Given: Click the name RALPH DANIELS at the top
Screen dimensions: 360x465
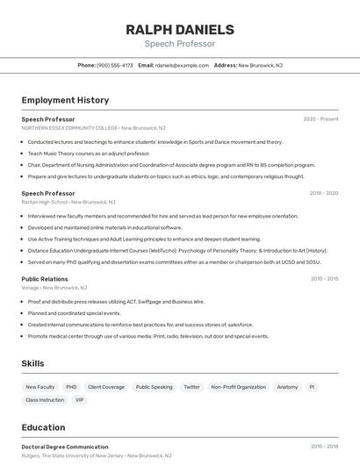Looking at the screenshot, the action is tap(179, 29).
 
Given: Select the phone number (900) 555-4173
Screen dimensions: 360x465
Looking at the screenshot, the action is tap(115, 65).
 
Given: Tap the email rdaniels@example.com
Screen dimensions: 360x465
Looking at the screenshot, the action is tap(182, 65).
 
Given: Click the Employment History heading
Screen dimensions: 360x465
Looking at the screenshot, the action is tap(65, 100).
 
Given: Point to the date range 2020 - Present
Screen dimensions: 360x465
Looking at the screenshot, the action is tap(320, 119).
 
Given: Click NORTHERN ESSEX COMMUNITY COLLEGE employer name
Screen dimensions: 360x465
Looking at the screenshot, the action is tap(69, 128).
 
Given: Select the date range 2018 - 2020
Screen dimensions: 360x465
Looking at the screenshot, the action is tap(323, 193).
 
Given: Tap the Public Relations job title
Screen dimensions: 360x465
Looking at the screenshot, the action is tap(45, 279).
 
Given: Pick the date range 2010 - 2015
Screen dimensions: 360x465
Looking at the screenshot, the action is tap(324, 279).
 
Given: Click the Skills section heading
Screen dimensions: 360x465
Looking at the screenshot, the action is tap(33, 363).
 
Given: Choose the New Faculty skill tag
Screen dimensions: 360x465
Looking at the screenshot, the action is tap(40, 387).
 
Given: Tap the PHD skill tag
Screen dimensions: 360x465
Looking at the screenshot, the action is tap(71, 387).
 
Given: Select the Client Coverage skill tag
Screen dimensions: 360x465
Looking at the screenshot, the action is tap(106, 387).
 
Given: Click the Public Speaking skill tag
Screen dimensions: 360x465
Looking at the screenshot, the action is tap(154, 387).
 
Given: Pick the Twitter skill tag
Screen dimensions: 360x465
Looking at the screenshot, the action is tap(191, 387).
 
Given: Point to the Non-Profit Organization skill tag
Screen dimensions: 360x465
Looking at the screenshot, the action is tap(238, 387).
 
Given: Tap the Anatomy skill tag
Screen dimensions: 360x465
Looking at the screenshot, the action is tap(287, 387).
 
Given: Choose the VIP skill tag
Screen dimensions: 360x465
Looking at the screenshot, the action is tap(80, 400).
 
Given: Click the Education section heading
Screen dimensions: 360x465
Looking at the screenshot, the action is tap(43, 428).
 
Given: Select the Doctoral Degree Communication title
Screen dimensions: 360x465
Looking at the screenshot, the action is tap(65, 447).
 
